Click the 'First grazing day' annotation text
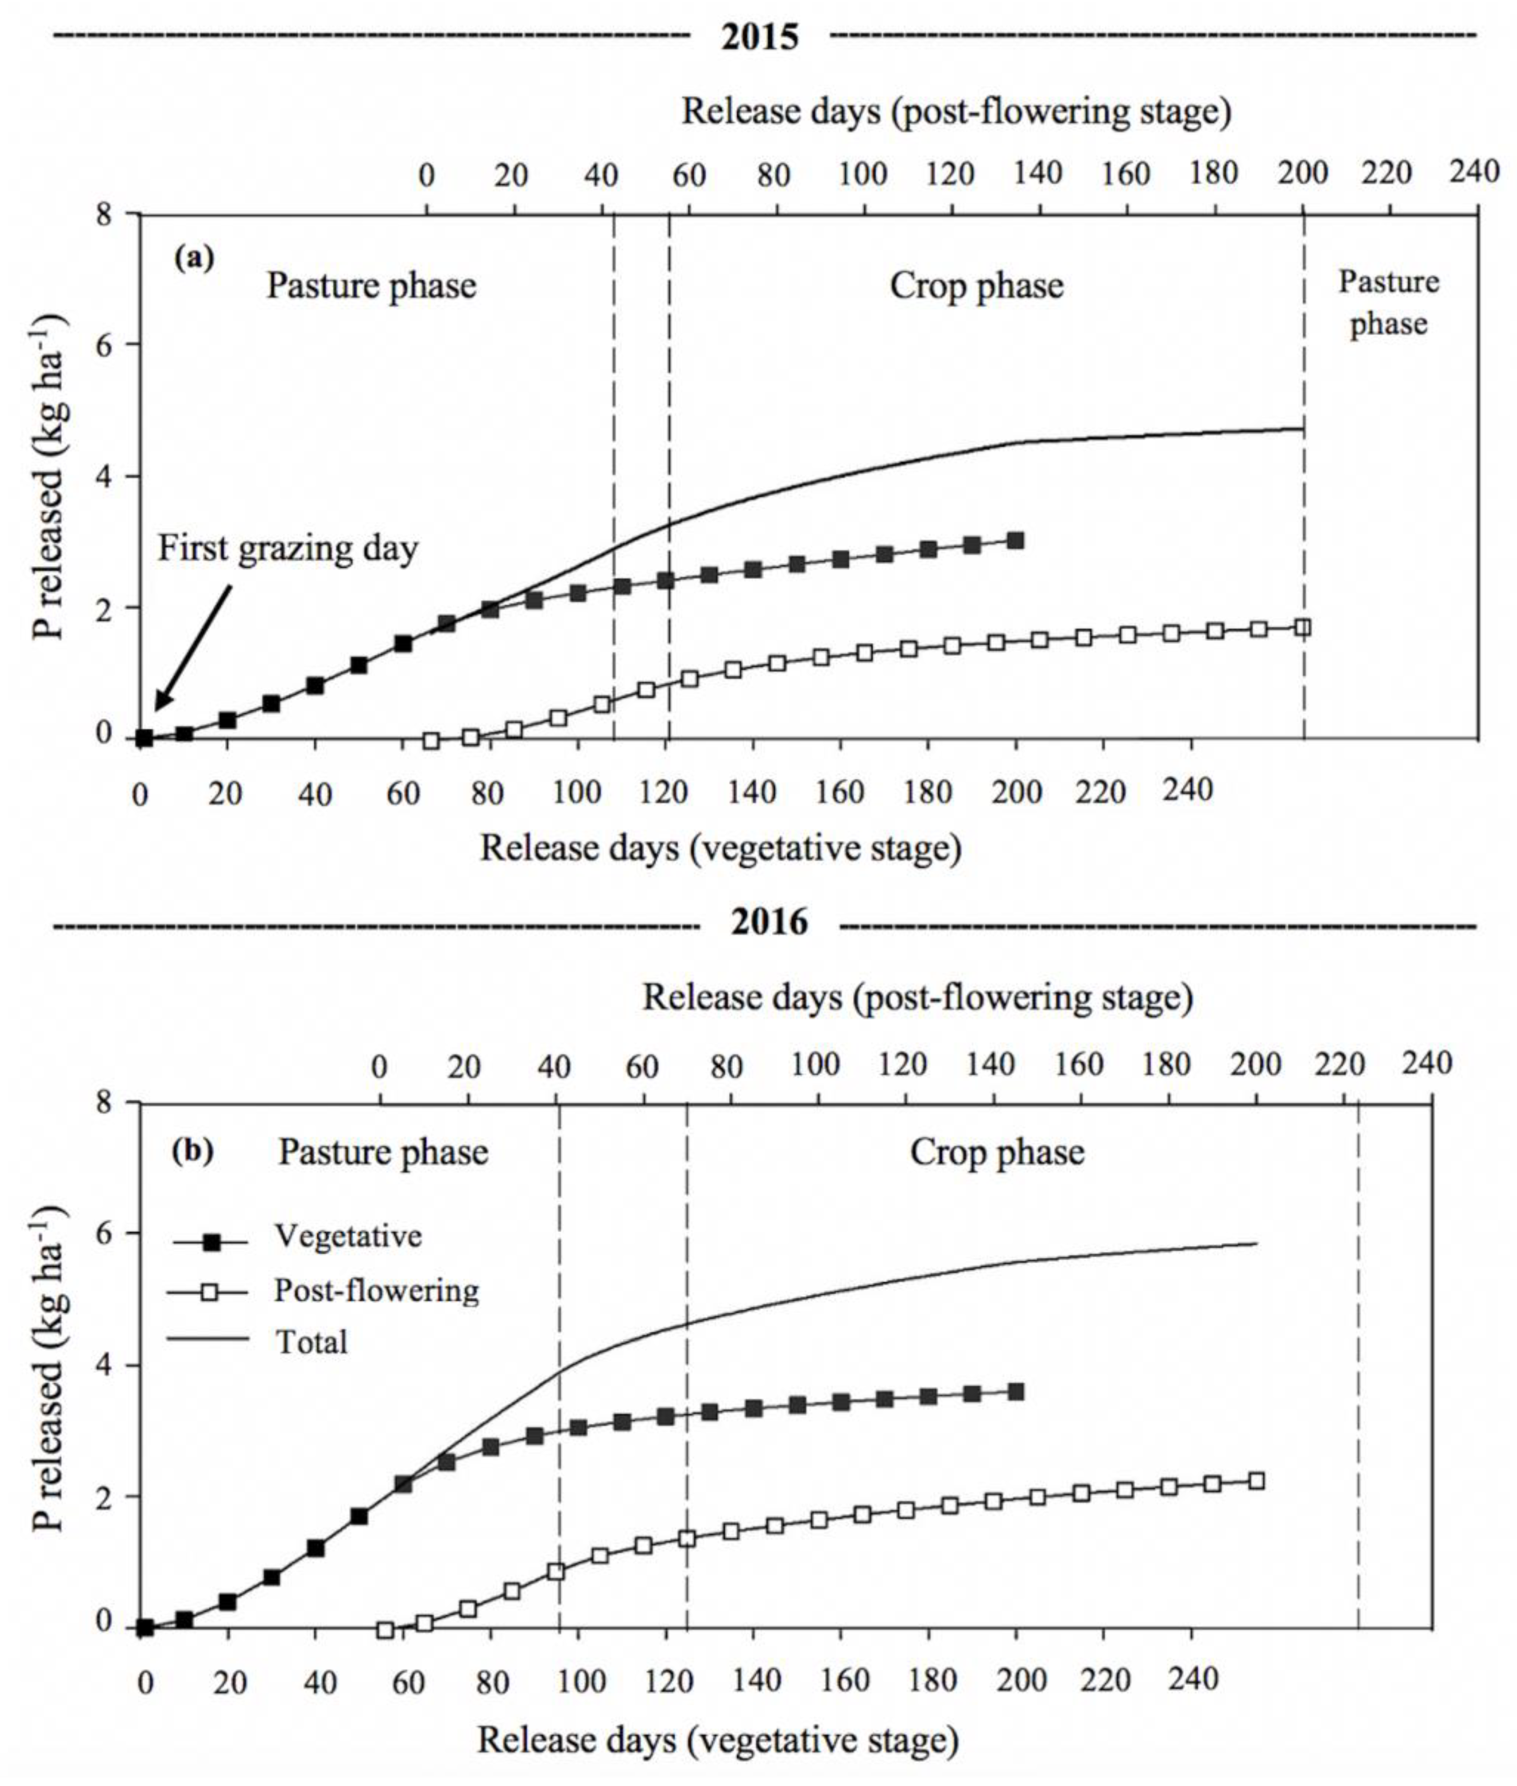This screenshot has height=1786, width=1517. (287, 548)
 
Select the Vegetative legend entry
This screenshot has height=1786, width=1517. (348, 1236)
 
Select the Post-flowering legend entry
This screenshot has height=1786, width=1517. (376, 1290)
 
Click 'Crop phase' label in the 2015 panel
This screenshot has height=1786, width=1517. (976, 286)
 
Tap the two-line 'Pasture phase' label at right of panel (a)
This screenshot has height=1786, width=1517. (1388, 303)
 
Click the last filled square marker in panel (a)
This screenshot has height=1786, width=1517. (1015, 541)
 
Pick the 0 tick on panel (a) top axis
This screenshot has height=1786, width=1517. (427, 175)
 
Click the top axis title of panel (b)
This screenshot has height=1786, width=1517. (917, 997)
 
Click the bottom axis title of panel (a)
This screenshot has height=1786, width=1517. (720, 848)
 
